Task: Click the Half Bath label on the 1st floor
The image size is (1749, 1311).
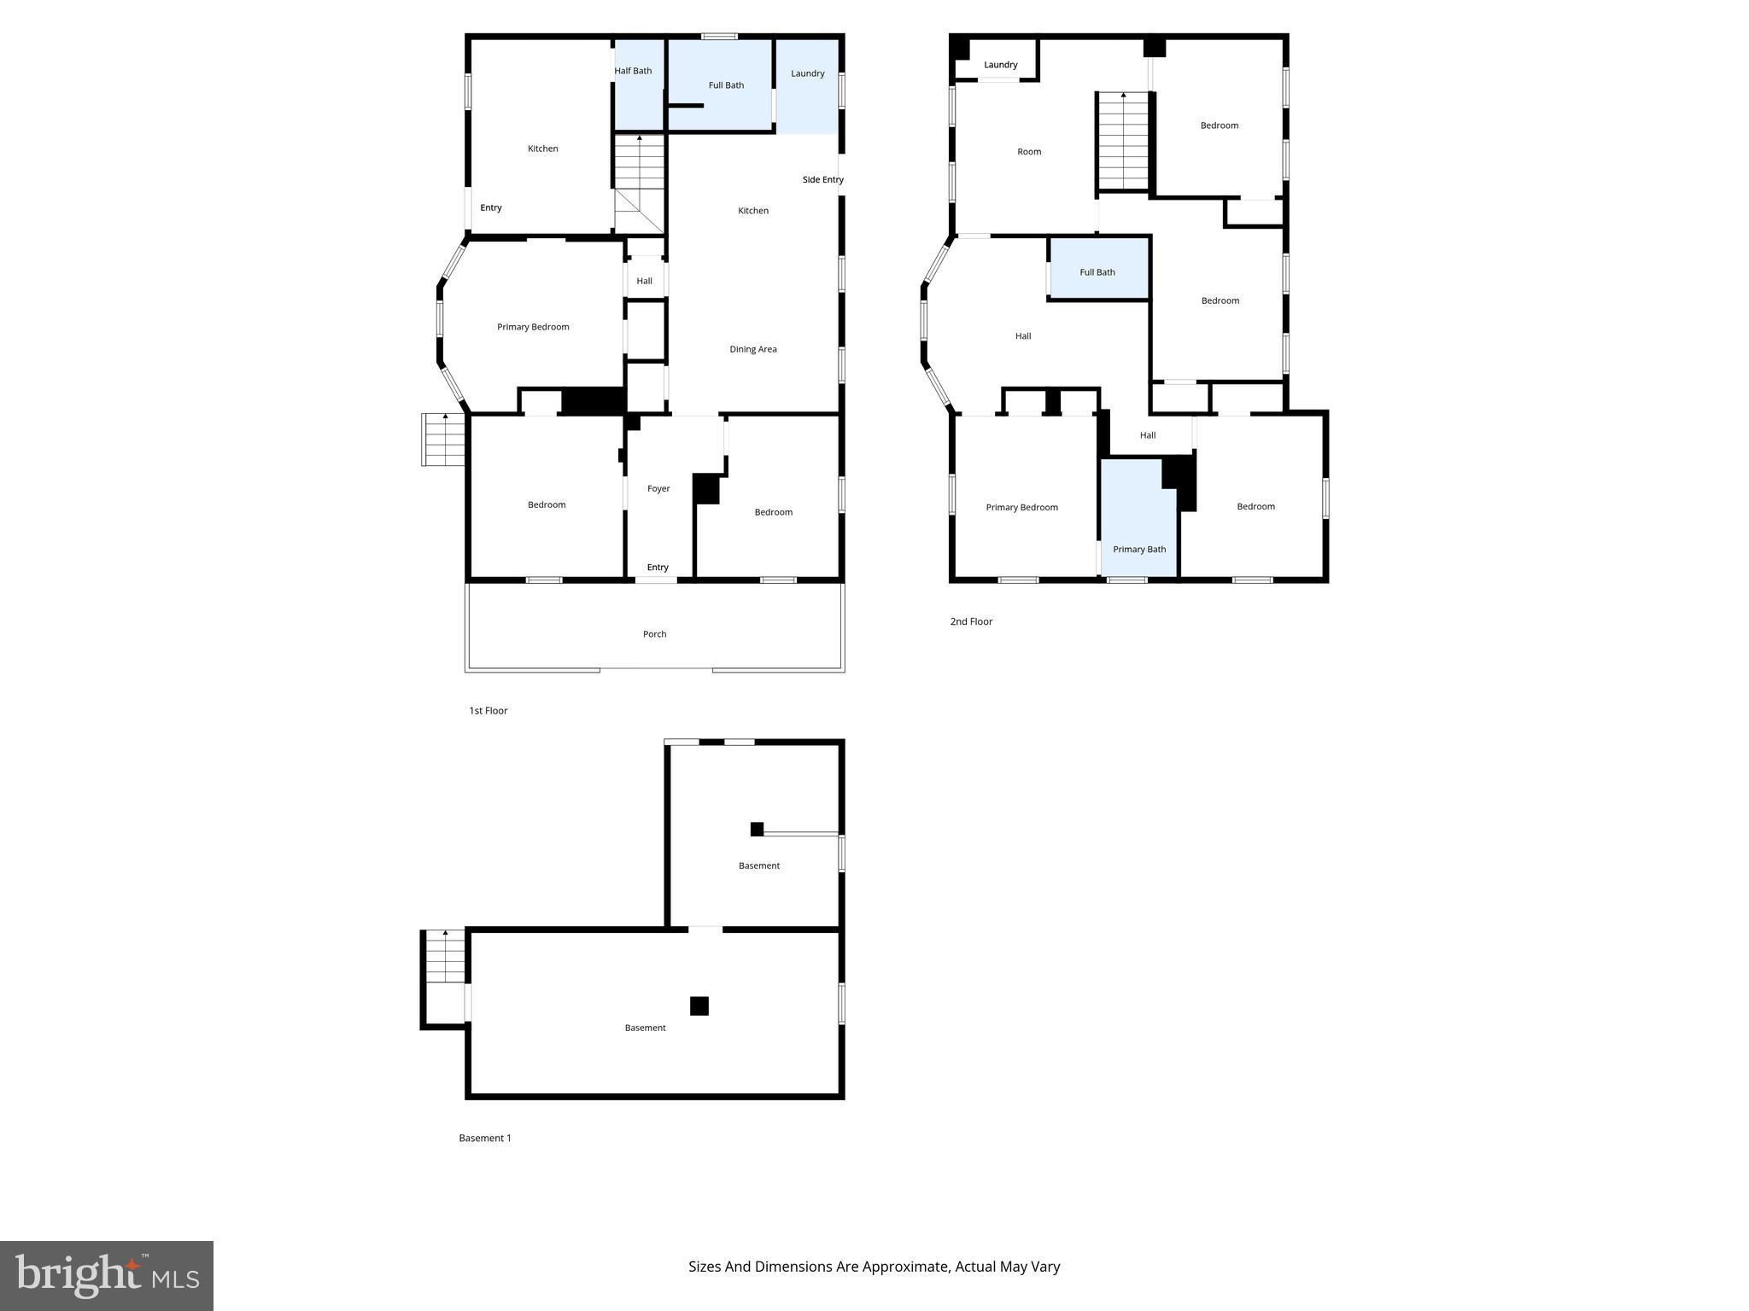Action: (x=633, y=71)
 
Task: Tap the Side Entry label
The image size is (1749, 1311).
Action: (x=822, y=179)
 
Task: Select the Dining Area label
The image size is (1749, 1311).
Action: (x=752, y=349)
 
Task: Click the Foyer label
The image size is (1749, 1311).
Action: (x=658, y=489)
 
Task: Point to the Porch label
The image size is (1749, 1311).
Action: (x=654, y=634)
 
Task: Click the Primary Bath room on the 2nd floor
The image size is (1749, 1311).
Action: (x=1138, y=549)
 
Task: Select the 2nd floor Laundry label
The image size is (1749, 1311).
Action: (x=1000, y=65)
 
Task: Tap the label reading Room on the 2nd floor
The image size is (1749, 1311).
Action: (x=1028, y=152)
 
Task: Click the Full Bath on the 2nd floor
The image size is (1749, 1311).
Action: (x=1097, y=272)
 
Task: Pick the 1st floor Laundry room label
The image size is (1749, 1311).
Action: (x=807, y=73)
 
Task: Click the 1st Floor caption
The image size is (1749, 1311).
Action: (x=488, y=711)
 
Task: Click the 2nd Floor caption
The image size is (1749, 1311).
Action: (x=971, y=621)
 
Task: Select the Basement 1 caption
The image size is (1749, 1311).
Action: (x=484, y=1138)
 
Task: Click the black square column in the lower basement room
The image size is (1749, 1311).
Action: (x=699, y=1006)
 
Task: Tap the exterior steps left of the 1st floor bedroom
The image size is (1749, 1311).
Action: (x=443, y=440)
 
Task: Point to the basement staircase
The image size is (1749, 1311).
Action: (x=445, y=957)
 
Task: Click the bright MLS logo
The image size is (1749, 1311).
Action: (x=106, y=1275)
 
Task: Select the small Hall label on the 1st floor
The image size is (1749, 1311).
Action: (x=644, y=281)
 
